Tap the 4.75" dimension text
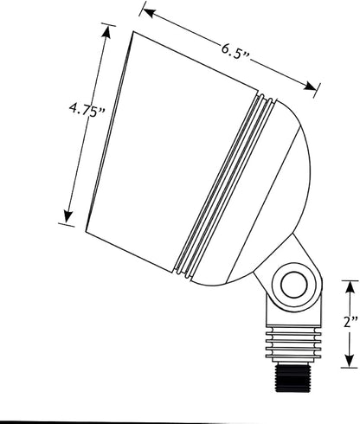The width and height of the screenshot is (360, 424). click(87, 111)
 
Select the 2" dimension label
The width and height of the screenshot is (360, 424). click(350, 321)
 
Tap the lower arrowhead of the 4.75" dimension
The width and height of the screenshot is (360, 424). click(68, 216)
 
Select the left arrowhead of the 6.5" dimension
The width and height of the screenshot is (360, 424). click(148, 13)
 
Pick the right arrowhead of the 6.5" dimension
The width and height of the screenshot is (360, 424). click(310, 87)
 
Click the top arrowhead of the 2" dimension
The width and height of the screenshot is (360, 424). click(350, 288)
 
